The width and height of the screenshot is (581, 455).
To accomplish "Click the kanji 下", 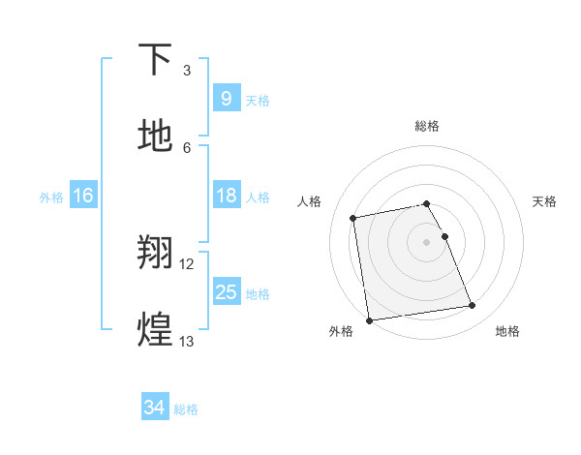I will coord(156,60).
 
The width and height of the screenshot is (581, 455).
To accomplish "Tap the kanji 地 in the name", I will coord(156,136).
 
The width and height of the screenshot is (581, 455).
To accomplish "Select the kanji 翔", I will coord(156,254).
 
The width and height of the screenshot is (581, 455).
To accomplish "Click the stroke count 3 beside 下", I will coord(187,71).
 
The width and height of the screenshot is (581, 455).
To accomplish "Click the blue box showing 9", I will coord(226,99).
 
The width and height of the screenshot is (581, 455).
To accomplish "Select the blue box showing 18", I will coord(226,196).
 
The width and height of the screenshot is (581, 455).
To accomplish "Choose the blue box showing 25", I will coord(226,292).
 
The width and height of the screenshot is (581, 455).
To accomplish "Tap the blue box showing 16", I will coord(83,196).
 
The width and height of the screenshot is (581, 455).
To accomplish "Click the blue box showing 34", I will coord(154,408).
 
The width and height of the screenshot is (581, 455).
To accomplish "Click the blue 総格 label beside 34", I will coord(186,409).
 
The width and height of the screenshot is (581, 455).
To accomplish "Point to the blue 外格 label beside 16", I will coord(51,197).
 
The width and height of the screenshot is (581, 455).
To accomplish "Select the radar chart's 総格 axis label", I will coord(427,126).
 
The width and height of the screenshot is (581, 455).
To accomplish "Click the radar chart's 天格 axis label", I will coord(545,201).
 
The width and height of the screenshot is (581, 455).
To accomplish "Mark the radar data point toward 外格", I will coord(369,319).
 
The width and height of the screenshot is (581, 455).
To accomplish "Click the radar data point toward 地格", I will coord(473,306).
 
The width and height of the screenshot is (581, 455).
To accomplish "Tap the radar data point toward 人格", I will coord(353,218).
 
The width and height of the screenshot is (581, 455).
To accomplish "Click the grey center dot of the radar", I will coord(426,241).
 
